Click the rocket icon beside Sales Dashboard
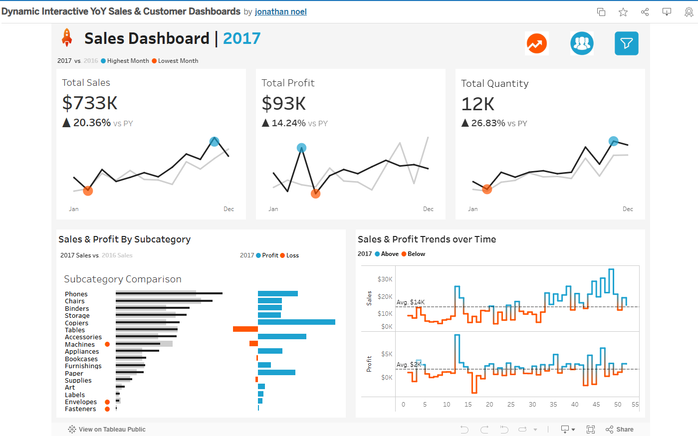coord(66,38)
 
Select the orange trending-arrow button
coord(536,43)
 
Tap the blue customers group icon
coord(582,43)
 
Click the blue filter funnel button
coord(626,43)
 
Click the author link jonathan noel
coord(280,11)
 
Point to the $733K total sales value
coord(90,103)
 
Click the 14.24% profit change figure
coord(288,123)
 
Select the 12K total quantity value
coord(477,104)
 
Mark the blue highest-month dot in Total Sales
coord(215,141)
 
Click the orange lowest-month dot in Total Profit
coord(315,194)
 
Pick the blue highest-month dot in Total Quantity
coord(613,141)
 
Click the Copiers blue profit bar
coord(296,322)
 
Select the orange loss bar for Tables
coord(245,329)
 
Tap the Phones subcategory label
coord(76,294)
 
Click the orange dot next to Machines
coord(107,344)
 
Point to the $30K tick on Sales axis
coord(385,279)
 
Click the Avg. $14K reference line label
coord(411,302)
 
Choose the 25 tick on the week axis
coord(511,405)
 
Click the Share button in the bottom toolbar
coord(620,430)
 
